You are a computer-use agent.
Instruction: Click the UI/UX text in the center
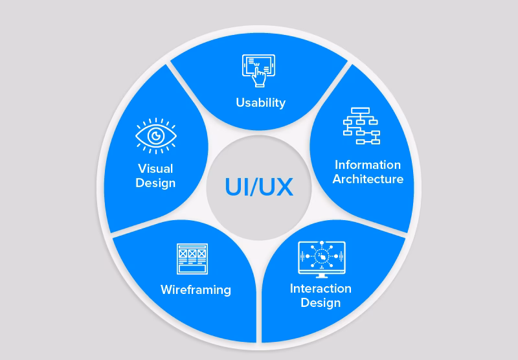tap(259, 186)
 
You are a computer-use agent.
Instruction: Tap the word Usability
tap(260, 102)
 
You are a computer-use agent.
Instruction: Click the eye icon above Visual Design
tap(155, 136)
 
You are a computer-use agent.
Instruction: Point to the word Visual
tap(155, 169)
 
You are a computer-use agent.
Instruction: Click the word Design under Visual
tap(155, 183)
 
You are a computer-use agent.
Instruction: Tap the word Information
tap(368, 164)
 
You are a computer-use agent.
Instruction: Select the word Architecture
tap(368, 179)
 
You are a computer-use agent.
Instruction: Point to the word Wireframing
tap(196, 289)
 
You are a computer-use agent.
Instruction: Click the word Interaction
tap(321, 288)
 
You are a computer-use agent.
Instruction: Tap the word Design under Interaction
tap(321, 302)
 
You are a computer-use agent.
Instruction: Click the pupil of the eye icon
tap(155, 136)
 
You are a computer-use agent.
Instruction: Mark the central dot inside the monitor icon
tap(321, 257)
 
